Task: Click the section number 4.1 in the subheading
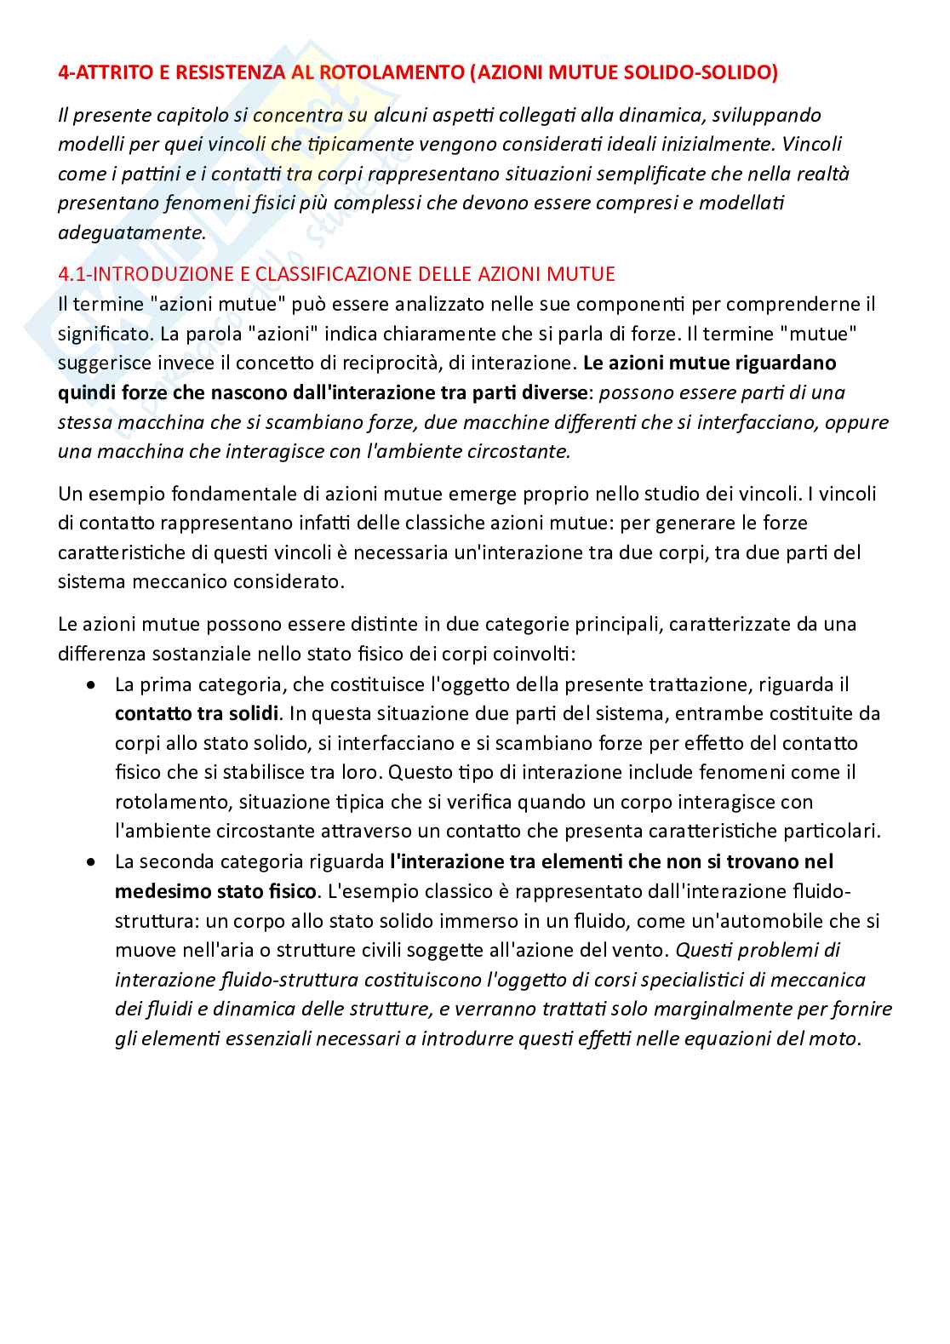click(72, 274)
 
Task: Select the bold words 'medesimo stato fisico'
click(216, 891)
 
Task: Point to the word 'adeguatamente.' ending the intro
click(132, 232)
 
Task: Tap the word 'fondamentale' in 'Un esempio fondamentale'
click(209, 494)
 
